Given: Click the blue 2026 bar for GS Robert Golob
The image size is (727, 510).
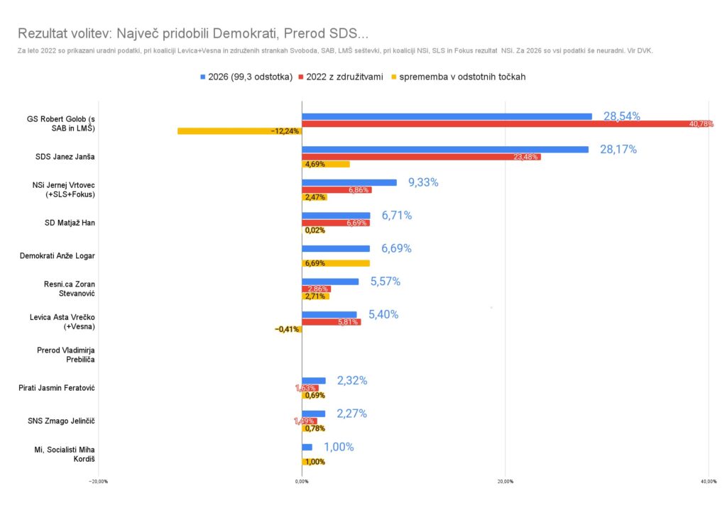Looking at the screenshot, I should (x=446, y=116).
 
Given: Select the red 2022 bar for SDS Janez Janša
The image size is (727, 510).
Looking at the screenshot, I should (x=421, y=157).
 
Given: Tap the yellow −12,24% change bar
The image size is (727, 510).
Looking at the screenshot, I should (x=239, y=131).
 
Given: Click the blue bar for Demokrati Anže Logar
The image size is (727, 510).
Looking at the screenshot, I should (x=336, y=248).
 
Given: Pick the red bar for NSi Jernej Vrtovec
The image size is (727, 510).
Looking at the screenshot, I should (x=337, y=190).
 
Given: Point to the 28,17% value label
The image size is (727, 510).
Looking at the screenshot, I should (x=618, y=150).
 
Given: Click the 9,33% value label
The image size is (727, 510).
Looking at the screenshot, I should (x=423, y=182).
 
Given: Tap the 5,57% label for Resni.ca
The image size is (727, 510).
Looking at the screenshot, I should (x=386, y=282).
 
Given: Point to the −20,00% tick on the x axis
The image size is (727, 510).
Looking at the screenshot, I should (x=98, y=482).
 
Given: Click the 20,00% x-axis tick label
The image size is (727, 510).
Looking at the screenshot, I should (x=505, y=482).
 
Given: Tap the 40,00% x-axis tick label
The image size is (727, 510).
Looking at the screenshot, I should (x=708, y=482).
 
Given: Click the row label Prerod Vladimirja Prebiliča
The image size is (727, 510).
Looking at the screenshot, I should (x=66, y=355).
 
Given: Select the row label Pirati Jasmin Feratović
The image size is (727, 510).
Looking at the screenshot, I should (x=66, y=388).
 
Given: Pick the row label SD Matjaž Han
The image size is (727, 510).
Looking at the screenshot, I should (x=70, y=223).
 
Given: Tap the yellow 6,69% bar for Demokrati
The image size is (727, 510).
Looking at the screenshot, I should (x=336, y=263).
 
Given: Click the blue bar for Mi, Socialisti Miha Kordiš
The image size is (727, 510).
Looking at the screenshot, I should (x=307, y=447).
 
